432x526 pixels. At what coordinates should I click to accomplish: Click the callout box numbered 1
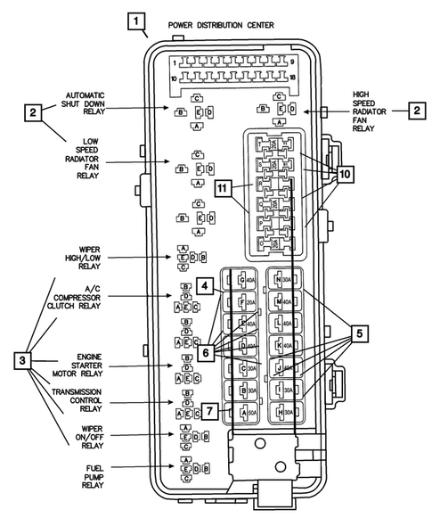[x=135, y=21]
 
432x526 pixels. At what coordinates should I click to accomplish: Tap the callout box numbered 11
[x=224, y=188]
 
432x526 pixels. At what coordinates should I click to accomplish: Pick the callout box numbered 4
[x=206, y=286]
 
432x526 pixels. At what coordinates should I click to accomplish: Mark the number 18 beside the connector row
[x=291, y=80]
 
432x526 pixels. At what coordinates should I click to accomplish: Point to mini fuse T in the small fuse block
[x=263, y=144]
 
